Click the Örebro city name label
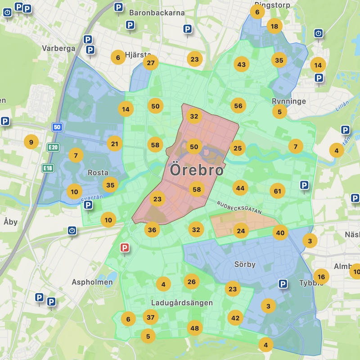(197, 171)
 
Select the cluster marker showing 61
(278, 191)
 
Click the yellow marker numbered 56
(238, 105)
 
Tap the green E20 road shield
(53, 147)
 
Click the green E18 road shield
(47, 168)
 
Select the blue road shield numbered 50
(56, 127)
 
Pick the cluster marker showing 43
(242, 65)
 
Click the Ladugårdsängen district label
(182, 303)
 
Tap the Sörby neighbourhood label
(245, 264)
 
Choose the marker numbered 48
(194, 328)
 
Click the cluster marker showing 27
(151, 63)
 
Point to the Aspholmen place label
(92, 282)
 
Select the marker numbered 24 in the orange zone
(241, 231)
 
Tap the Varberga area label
(58, 49)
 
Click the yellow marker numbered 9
(31, 143)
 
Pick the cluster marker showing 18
(274, 26)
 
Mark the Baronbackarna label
(157, 13)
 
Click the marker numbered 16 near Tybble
(321, 277)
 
